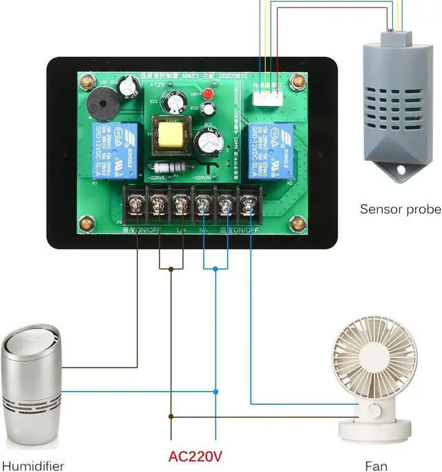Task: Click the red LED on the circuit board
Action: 206,93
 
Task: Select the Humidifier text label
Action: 33,466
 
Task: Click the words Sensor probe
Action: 400,209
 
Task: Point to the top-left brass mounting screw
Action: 87,81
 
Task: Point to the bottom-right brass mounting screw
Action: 298,224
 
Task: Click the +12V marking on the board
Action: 157,84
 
